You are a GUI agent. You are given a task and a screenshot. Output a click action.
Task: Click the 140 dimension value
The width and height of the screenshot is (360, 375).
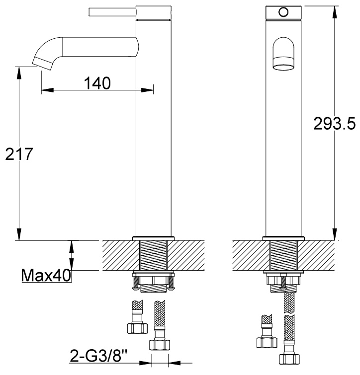(97, 83)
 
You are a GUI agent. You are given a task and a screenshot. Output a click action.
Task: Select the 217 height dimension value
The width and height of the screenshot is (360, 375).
(19, 154)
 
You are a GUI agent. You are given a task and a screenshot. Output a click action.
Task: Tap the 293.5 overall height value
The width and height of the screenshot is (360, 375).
(334, 124)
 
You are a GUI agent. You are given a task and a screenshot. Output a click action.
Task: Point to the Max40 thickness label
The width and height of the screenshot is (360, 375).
(46, 275)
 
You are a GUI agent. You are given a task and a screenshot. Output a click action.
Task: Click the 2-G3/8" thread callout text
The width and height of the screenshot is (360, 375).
(98, 356)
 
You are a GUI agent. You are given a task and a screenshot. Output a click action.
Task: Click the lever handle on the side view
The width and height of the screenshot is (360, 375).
(112, 12)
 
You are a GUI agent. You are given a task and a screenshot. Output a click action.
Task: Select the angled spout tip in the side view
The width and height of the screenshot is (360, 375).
(42, 64)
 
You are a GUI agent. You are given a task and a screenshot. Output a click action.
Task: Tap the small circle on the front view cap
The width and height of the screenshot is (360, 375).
(283, 12)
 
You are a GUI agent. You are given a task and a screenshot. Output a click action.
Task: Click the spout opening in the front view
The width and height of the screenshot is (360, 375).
(283, 64)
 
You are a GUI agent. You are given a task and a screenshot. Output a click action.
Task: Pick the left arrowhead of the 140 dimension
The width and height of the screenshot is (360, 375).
(47, 90)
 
